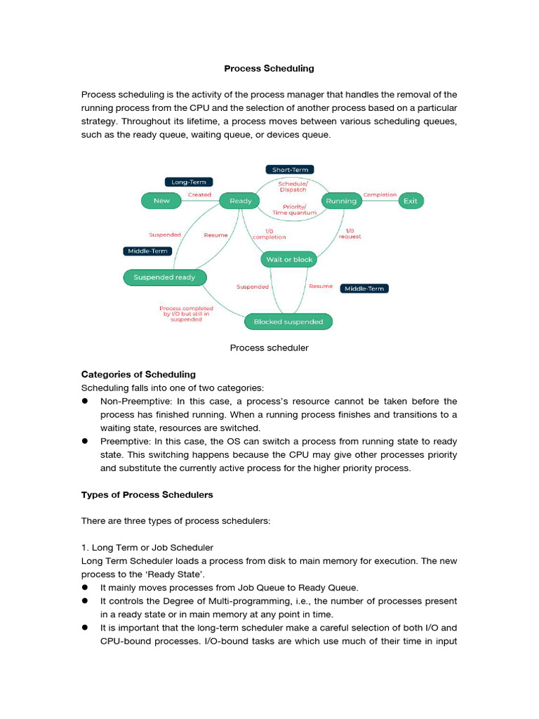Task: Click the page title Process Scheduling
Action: (x=269, y=69)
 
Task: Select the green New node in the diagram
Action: (x=161, y=201)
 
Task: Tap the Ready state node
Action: (x=240, y=201)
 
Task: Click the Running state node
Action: (x=340, y=201)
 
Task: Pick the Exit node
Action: (x=411, y=201)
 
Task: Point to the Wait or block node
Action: (x=288, y=260)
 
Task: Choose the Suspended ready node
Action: (x=164, y=277)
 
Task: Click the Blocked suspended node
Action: (x=288, y=322)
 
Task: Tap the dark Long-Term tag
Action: (x=189, y=182)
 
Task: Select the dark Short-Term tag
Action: (x=290, y=169)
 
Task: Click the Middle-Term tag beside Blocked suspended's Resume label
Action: (x=364, y=289)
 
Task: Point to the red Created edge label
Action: (x=199, y=194)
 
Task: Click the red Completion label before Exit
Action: (x=380, y=194)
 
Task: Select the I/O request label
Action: (x=350, y=234)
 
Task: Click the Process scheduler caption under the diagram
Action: (x=269, y=348)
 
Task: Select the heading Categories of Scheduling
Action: (x=138, y=374)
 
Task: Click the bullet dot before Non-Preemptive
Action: (x=85, y=401)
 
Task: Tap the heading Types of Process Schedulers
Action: (x=147, y=495)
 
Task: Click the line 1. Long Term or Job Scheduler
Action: (x=147, y=547)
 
